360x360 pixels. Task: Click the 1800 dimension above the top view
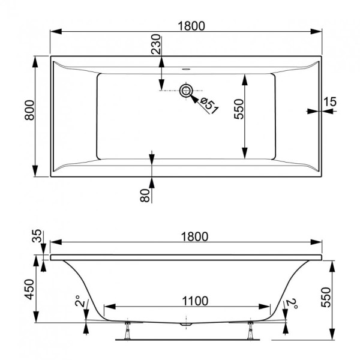tap(191, 26)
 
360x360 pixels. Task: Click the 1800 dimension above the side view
tap(194, 237)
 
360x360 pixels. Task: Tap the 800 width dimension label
tap(29, 110)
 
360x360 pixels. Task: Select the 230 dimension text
tap(156, 44)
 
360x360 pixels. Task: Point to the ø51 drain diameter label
tap(209, 106)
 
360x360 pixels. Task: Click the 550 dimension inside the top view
tap(239, 109)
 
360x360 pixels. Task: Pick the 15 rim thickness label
tap(329, 102)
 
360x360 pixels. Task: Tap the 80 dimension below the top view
tap(145, 196)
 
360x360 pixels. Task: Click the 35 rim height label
tap(37, 236)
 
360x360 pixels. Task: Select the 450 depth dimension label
tap(29, 290)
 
